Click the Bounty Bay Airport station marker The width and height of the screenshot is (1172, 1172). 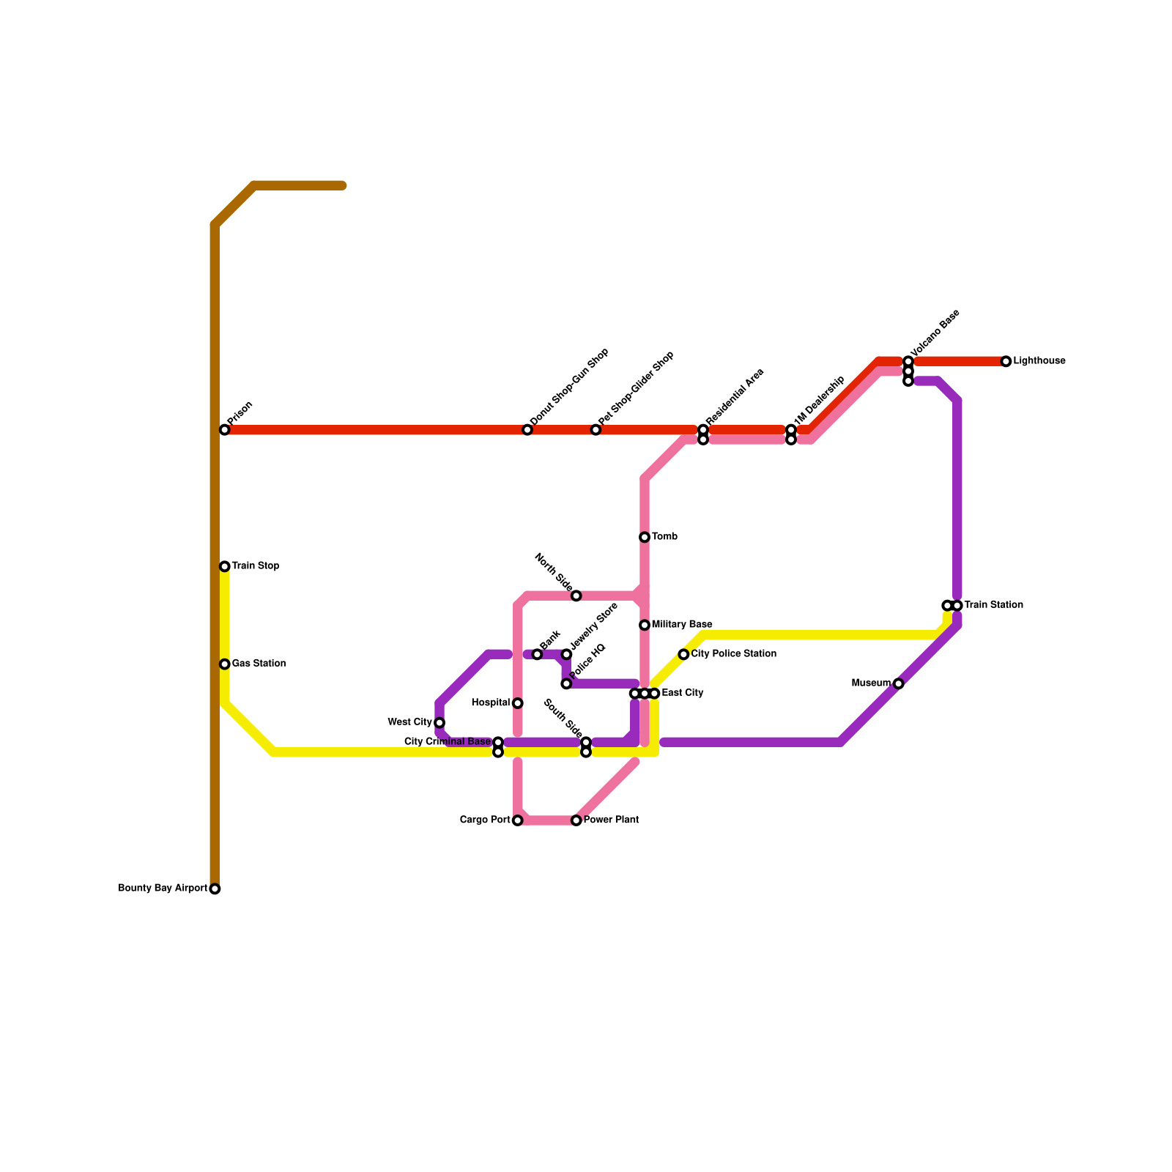[215, 889]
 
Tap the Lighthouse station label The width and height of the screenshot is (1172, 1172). [1039, 361]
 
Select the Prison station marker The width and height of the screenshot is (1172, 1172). [225, 430]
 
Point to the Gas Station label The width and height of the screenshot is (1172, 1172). [259, 664]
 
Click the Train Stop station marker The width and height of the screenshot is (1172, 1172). [225, 566]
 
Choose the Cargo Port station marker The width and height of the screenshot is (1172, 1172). [518, 820]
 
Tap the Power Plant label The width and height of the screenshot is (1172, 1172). [611, 820]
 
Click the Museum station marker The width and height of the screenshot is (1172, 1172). [899, 683]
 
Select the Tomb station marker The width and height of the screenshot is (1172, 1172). [645, 537]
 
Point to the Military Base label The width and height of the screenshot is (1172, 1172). [682, 625]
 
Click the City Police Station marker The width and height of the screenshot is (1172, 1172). [683, 654]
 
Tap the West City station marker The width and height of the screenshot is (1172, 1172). [439, 723]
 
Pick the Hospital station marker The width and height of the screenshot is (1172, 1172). [518, 703]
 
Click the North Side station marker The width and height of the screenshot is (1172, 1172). [576, 596]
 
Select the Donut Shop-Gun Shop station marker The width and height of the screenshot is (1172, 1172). [527, 430]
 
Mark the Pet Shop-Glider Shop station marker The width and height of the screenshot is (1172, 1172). [596, 430]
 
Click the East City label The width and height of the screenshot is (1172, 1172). [682, 693]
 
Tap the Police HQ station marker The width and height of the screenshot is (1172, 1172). [566, 683]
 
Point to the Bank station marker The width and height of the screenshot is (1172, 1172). [537, 654]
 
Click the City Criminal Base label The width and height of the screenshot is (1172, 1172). [447, 742]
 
